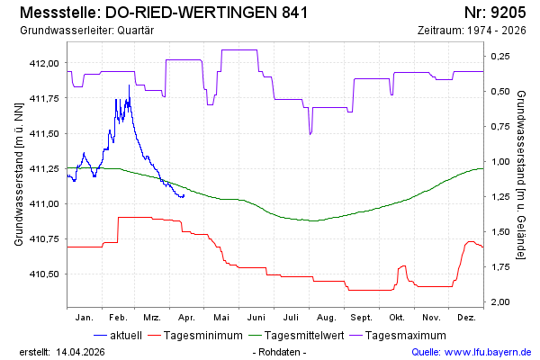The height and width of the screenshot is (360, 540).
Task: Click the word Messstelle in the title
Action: click(x=56, y=13)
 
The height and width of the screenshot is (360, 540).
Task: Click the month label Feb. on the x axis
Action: click(x=118, y=318)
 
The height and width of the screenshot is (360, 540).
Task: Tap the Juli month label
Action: click(x=290, y=318)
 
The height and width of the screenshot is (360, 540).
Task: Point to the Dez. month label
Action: click(x=466, y=318)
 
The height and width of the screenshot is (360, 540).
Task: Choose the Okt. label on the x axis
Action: click(x=397, y=318)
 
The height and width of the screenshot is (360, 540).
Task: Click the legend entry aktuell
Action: click(x=125, y=337)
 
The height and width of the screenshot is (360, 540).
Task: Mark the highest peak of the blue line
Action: click(x=129, y=85)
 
